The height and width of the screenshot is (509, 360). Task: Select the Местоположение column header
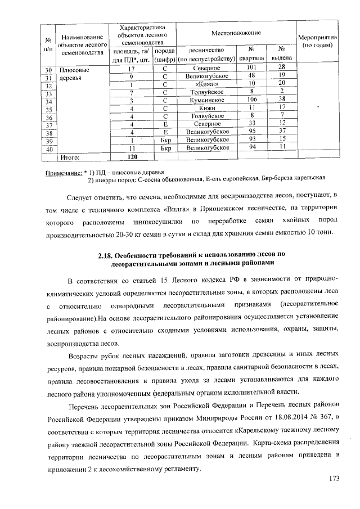tap(236, 34)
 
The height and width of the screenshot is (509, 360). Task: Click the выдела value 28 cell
tap(282, 67)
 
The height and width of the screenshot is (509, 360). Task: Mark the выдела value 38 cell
tap(282, 100)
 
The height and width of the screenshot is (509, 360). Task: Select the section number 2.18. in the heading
tap(107, 256)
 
